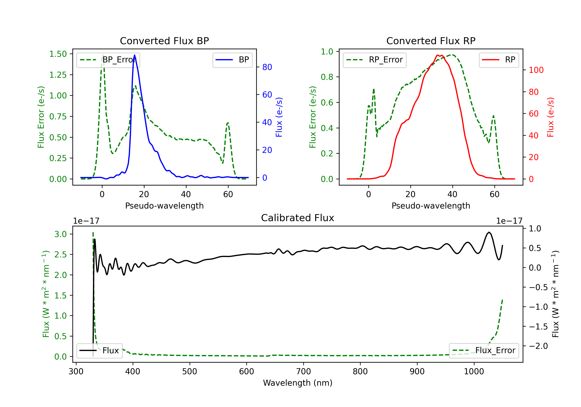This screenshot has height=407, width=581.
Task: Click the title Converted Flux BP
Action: tap(164, 41)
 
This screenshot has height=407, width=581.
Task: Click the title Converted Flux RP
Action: tap(431, 41)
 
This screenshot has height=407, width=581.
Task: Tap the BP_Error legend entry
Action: tap(108, 60)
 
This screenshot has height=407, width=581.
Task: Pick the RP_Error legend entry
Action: tap(375, 60)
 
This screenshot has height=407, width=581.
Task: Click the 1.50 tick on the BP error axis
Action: tap(58, 54)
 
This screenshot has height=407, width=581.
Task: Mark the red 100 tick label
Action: tap(536, 70)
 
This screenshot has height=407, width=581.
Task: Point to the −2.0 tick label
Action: tap(538, 346)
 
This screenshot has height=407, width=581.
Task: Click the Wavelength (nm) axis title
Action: tap(298, 383)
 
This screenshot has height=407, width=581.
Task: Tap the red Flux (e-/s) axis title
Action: tap(551, 117)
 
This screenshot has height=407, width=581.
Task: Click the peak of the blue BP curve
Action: tap(135, 55)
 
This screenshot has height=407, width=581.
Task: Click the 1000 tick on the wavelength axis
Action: tap(474, 371)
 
